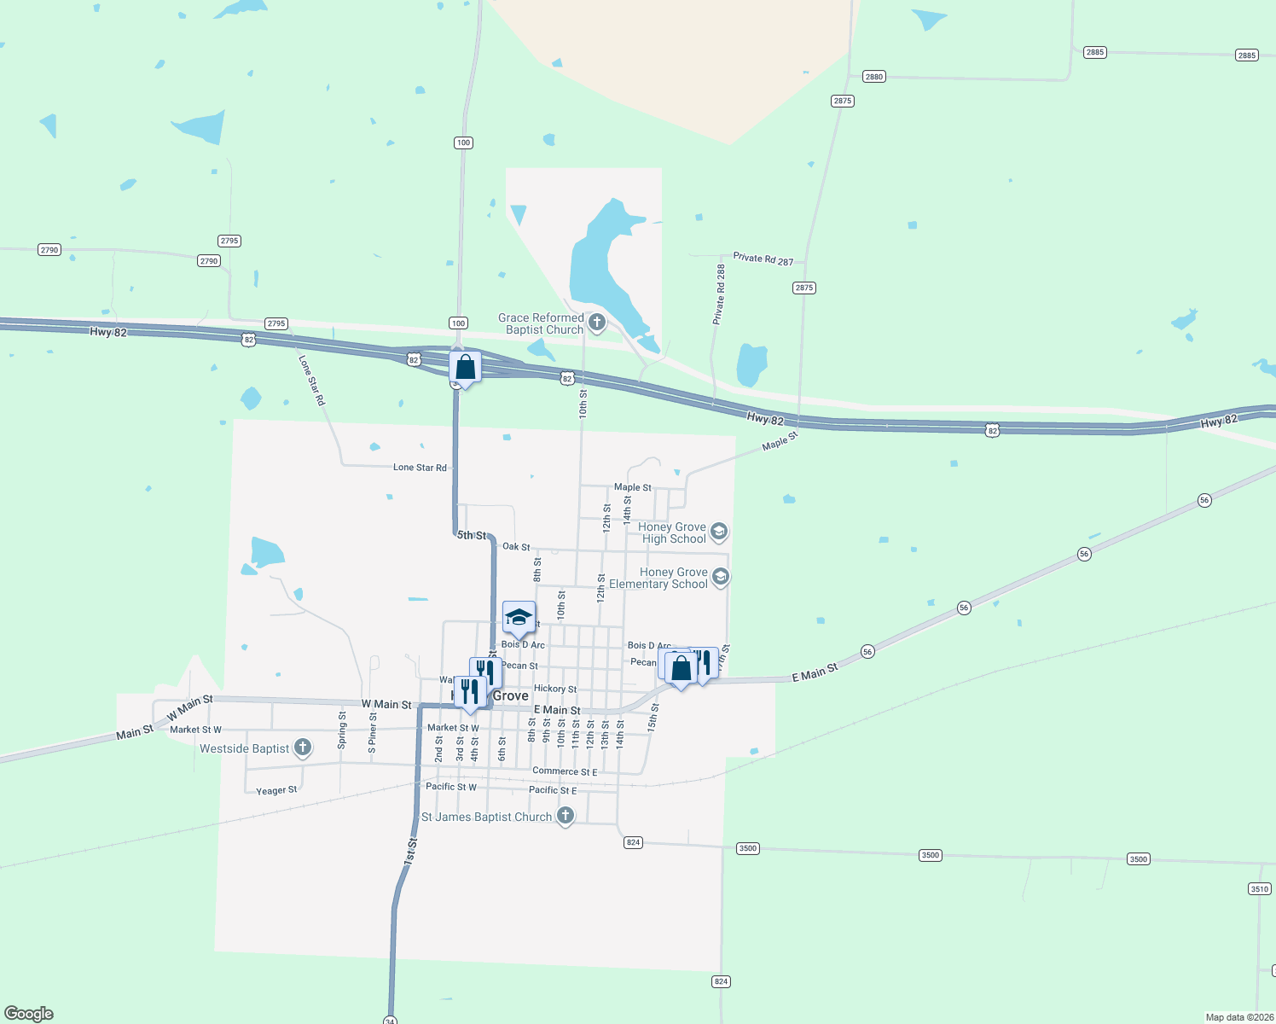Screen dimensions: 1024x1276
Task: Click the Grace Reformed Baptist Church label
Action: [x=542, y=324]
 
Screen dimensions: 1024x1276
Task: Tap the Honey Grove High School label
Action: [x=673, y=533]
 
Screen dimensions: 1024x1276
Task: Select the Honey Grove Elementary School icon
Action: [x=721, y=578]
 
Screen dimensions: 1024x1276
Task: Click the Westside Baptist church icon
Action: [x=303, y=748]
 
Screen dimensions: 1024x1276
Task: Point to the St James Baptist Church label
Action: [x=487, y=817]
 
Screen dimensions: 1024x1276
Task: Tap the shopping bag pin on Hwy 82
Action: [x=465, y=368]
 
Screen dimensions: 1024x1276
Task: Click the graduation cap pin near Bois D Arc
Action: [x=519, y=618]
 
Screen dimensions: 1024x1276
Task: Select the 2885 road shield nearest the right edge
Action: [x=1246, y=55]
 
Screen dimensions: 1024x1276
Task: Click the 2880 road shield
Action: [x=873, y=77]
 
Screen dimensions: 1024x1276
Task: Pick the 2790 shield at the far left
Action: [x=49, y=250]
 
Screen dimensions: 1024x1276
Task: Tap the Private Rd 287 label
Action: [x=763, y=259]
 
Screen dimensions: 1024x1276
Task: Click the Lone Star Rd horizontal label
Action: [x=420, y=468]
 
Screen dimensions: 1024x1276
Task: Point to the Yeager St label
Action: [x=276, y=791]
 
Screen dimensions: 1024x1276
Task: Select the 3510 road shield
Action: [x=1260, y=889]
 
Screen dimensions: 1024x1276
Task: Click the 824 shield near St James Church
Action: [x=633, y=842]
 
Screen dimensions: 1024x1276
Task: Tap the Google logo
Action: [x=29, y=1013]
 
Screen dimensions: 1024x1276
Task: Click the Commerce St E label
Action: [x=565, y=771]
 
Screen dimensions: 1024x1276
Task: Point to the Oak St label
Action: [x=516, y=546]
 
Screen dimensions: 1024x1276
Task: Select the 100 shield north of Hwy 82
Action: [x=463, y=143]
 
